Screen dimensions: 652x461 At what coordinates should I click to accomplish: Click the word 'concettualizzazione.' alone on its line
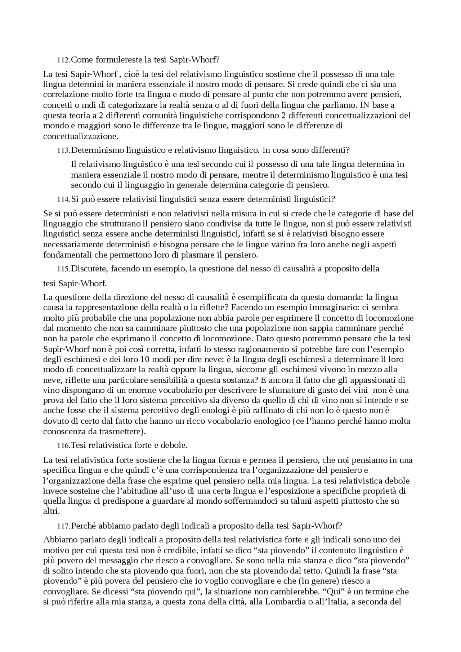pos(80,137)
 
